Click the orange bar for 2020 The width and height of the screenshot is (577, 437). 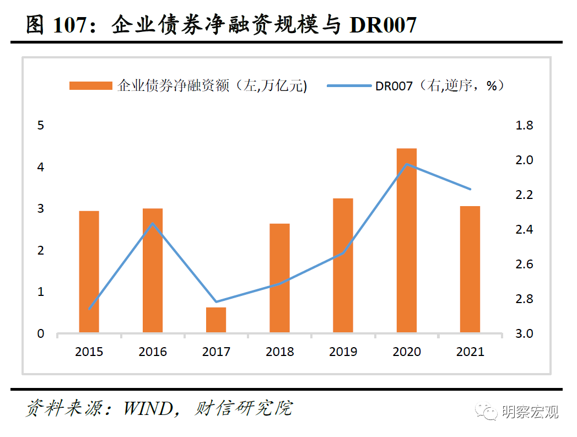coord(406,241)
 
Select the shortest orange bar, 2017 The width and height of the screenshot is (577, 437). coord(216,320)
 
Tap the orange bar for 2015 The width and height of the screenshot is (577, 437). coord(89,272)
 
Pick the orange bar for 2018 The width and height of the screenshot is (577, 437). coord(279,278)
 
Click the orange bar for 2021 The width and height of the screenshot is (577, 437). coord(470,269)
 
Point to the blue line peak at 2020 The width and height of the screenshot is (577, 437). coord(406,164)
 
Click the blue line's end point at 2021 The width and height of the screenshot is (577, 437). coord(470,189)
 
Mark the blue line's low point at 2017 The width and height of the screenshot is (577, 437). coord(216,301)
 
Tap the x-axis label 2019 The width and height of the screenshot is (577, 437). coord(343,352)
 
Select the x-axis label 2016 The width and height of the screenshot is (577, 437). coord(153,352)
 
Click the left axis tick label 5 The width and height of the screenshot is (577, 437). coord(40,126)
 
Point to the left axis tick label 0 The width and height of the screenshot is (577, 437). coord(40,333)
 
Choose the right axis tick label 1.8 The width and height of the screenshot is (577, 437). coord(524,126)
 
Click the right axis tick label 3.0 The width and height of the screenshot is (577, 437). coord(524,333)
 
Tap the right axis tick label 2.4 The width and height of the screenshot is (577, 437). coord(524,230)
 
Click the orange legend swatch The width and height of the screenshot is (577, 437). coord(91,86)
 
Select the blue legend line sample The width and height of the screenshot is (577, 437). coord(349,86)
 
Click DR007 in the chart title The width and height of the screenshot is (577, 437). coord(382,25)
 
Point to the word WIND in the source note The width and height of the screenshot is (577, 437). coord(148,408)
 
